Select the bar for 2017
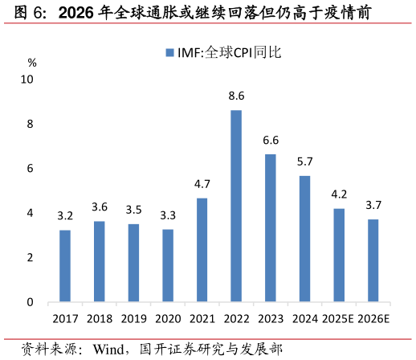click(65, 266)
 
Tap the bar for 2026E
click(373, 260)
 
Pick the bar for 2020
click(168, 265)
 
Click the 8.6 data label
click(236, 96)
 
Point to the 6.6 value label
click(271, 141)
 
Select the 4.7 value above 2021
click(202, 184)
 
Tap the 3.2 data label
click(65, 216)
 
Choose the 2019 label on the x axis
click(133, 319)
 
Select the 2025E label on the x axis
click(338, 319)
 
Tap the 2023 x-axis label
click(271, 319)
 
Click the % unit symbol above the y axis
click(32, 62)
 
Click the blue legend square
click(169, 53)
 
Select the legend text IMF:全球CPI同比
click(228, 53)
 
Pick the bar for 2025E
click(339, 256)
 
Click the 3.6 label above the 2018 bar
click(99, 207)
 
